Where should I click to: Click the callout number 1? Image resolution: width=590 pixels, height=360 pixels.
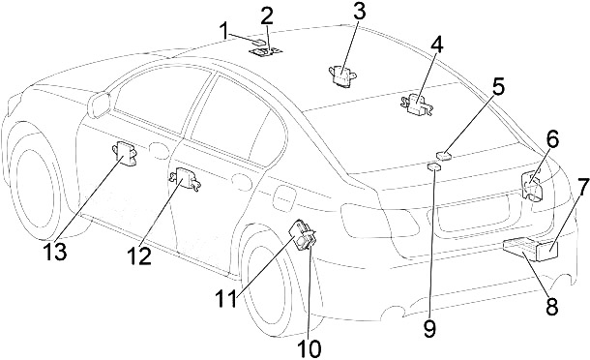224,31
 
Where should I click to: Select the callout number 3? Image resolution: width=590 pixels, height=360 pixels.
360,12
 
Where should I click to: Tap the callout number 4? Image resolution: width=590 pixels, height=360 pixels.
436,45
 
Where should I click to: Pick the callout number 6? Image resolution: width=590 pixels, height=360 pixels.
552,139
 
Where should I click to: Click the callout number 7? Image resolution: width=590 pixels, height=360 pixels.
583,187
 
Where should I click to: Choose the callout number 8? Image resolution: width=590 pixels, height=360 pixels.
552,306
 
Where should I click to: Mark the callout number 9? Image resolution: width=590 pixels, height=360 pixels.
429,328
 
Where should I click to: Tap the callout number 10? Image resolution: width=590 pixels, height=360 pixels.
310,348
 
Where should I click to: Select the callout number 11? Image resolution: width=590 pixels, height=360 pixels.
226,299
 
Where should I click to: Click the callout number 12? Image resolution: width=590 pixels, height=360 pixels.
139,256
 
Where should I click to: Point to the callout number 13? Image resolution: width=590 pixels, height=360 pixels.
55,252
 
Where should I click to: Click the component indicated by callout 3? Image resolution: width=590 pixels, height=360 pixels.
342,76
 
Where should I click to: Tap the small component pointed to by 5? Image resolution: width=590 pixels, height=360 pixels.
444,155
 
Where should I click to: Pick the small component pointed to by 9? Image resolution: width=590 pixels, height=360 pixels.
434,166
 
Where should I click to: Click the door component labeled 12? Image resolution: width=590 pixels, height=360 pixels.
184,177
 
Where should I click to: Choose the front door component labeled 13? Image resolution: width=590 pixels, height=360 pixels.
124,152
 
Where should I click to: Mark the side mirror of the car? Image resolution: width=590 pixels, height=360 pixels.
99,105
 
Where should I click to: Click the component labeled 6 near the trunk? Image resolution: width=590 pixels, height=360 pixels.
532,185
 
